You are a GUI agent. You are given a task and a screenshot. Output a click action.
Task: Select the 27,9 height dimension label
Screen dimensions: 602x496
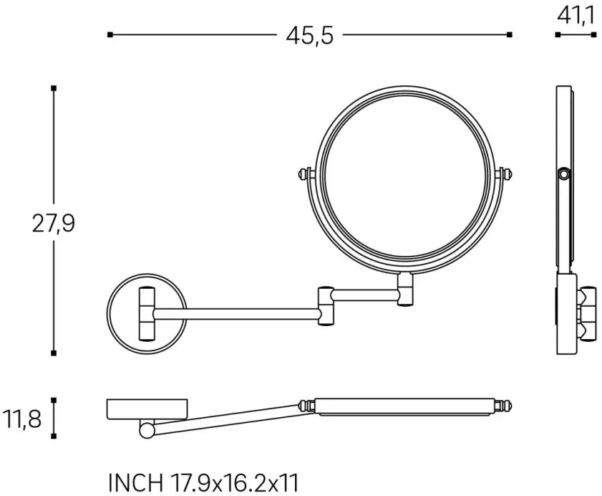pyautogui.click(x=53, y=224)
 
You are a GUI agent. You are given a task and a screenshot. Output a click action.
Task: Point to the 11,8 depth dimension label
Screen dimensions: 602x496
pyautogui.click(x=22, y=419)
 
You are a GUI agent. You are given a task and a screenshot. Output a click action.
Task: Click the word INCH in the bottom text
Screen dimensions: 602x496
pyautogui.click(x=135, y=483)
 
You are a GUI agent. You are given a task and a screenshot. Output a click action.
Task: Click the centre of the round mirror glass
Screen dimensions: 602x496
pyautogui.click(x=404, y=176)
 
